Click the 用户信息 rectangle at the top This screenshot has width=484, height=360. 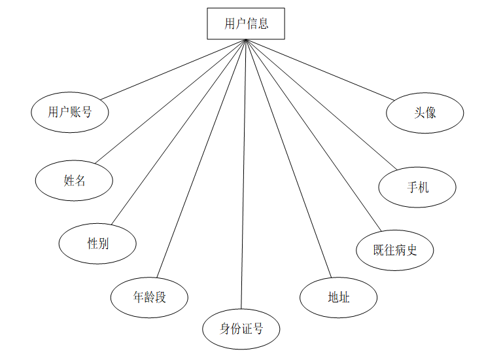pyautogui.click(x=246, y=24)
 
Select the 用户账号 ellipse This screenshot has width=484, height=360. pyautogui.click(x=69, y=112)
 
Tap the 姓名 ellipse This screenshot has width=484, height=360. pyautogui.click(x=75, y=181)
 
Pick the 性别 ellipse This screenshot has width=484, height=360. pyautogui.click(x=97, y=243)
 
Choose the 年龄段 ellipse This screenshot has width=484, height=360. pyautogui.click(x=150, y=297)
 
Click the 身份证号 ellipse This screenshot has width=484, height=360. pyautogui.click(x=241, y=329)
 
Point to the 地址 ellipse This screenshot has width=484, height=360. pyautogui.click(x=339, y=297)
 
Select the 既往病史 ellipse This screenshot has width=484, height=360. pyautogui.click(x=394, y=249)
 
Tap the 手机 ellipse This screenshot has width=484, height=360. pyautogui.click(x=417, y=187)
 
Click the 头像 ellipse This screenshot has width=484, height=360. pyautogui.click(x=425, y=113)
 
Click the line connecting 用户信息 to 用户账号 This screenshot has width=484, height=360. pyautogui.click(x=173, y=70)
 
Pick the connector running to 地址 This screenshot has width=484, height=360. pyautogui.click(x=288, y=158)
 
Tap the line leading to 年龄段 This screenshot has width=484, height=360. pyautogui.click(x=200, y=158)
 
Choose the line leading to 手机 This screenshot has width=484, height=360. pyautogui.click(x=320, y=105)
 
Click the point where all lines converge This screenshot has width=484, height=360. pyautogui.click(x=246, y=41)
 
